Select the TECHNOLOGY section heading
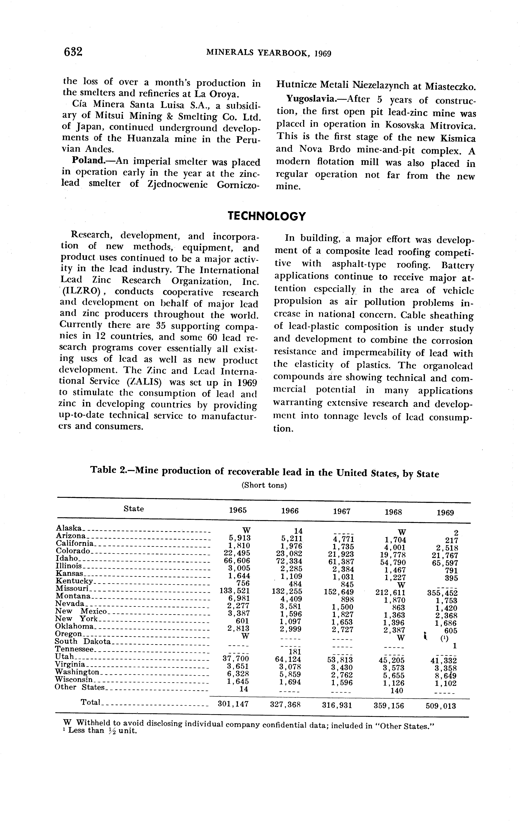267,216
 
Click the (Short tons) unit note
264,485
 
